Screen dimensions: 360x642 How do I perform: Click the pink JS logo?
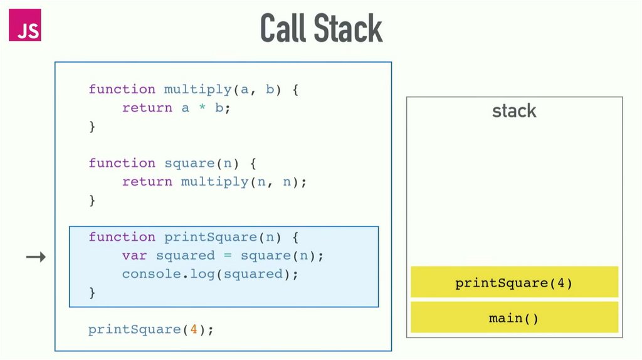coord(24,25)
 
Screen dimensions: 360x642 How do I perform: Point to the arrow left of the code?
coord(36,256)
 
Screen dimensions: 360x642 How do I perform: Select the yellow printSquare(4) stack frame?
coord(514,282)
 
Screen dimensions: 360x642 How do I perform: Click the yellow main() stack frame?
coord(514,318)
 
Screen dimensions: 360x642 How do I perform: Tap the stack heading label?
coord(514,112)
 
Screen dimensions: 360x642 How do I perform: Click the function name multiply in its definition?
coord(197,89)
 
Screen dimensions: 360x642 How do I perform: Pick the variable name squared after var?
coord(185,256)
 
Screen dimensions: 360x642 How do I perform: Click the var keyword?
coord(134,256)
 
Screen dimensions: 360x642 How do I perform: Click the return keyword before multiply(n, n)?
coord(147,182)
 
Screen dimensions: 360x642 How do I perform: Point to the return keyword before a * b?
coord(147,108)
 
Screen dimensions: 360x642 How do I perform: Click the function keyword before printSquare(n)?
coord(122,237)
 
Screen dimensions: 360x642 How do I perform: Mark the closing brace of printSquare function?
coord(92,292)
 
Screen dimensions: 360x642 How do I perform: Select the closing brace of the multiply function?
coord(92,127)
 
